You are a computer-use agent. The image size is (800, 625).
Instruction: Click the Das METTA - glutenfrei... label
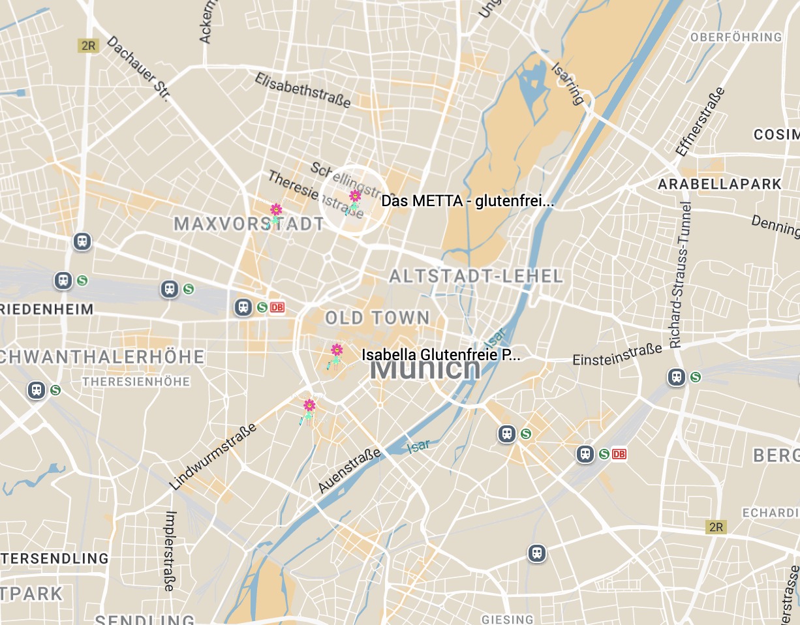467,201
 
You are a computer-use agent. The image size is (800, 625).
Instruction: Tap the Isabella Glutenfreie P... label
441,356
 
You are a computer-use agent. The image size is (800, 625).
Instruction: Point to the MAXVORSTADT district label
249,224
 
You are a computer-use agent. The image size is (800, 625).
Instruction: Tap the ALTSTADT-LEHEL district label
476,277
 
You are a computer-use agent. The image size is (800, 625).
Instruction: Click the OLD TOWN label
377,318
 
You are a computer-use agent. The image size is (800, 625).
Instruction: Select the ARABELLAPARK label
719,184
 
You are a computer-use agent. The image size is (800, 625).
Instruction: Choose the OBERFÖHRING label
736,37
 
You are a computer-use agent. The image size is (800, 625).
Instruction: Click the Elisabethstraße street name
303,90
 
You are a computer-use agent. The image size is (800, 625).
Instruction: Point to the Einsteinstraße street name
617,356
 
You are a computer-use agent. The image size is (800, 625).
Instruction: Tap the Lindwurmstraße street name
213,457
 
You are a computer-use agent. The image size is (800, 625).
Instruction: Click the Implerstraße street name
170,550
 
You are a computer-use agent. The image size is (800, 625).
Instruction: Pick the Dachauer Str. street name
138,68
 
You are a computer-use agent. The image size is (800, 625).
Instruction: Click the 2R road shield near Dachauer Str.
87,46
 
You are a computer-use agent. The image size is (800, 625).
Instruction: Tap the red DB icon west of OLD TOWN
277,307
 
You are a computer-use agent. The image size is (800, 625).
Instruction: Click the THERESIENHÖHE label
136,381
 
